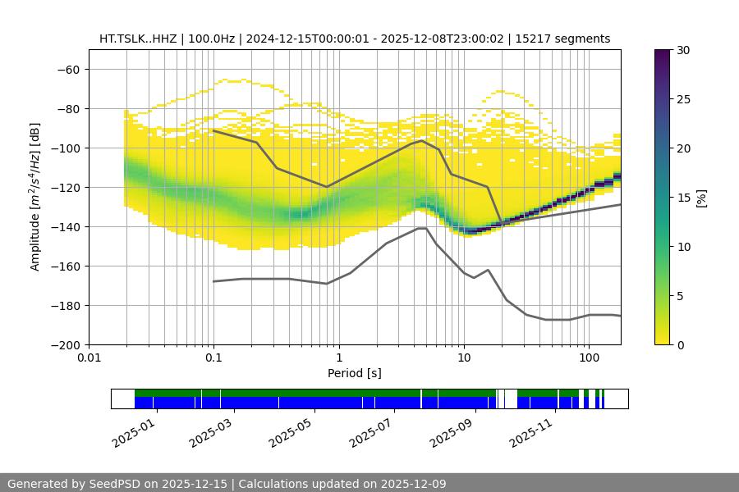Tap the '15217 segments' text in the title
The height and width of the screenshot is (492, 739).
click(568, 39)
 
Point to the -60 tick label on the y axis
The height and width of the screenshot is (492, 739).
click(67, 69)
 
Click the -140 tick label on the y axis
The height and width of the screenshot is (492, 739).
click(64, 226)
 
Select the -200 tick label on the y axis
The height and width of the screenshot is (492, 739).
click(64, 344)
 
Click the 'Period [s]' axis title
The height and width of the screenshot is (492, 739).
click(355, 373)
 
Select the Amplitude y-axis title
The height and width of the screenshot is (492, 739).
click(35, 197)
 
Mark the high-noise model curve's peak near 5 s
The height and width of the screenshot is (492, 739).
click(422, 140)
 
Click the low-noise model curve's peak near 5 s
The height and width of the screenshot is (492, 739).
click(422, 228)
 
